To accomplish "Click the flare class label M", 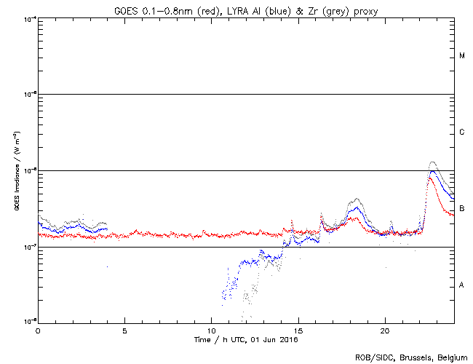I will pos(462,56).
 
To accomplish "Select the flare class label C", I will pos(462,132).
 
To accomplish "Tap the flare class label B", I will pos(462,209).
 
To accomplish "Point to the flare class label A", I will pos(462,285).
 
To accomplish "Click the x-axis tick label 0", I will pos(38,330).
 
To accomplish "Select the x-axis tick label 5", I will pos(124,330).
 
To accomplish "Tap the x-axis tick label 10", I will pos(211,330).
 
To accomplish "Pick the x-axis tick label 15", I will pos(298,330).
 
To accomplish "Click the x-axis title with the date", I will pos(246,339).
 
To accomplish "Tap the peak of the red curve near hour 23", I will pos(429,178).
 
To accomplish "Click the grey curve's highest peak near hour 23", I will pos(433,162).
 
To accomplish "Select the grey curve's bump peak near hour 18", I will pos(355,199).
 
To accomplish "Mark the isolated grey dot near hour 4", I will pos(108,267).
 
